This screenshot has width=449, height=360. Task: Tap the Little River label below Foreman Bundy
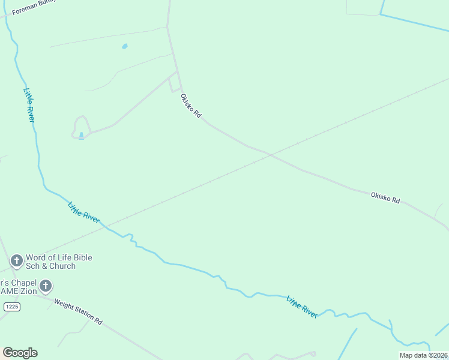coord(29,105)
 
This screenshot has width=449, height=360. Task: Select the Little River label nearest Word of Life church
coord(84,213)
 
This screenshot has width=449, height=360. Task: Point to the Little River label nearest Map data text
coord(302,306)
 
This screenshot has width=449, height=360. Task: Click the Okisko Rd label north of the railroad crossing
coord(191,104)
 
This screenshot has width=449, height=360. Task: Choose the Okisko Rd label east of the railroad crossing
coord(385,197)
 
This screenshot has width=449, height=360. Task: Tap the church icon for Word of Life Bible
coord(17,261)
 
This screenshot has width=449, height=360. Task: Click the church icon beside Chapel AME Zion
coord(46,286)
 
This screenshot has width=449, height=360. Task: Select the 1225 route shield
coord(12,307)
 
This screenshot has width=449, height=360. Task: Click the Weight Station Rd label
coord(78,312)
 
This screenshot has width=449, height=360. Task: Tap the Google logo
coord(20,353)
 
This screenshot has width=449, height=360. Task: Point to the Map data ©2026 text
coord(423,355)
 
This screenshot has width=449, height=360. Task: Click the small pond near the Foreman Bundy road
coord(125,46)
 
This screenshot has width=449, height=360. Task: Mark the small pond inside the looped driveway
coord(81,136)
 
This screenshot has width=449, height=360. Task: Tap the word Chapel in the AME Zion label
coord(21,283)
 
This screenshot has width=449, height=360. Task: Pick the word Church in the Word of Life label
coord(62,266)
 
